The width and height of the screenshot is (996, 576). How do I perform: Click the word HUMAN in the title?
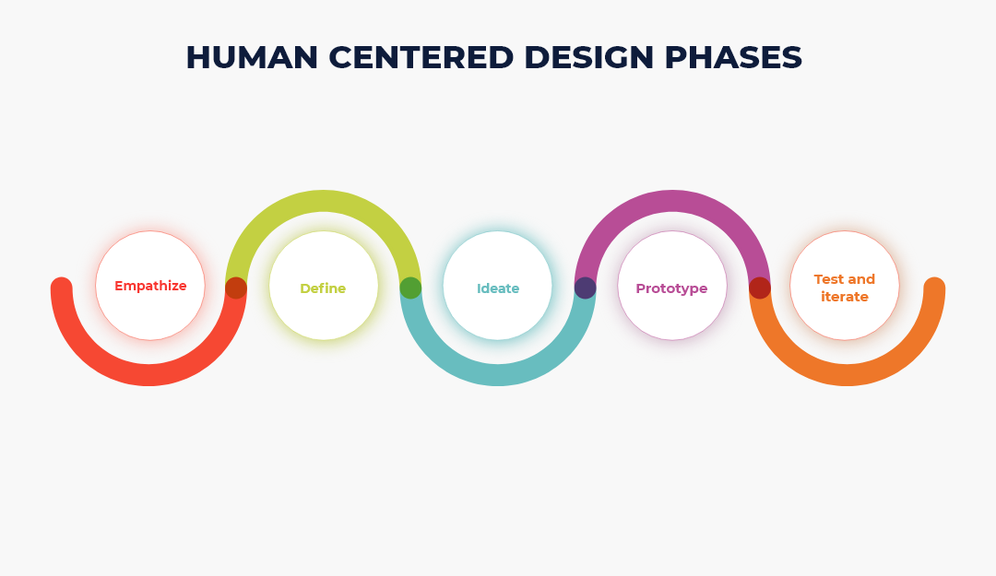tap(252, 57)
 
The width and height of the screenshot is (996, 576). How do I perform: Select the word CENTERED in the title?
tap(421, 57)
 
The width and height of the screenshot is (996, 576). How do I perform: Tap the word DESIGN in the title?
tap(588, 57)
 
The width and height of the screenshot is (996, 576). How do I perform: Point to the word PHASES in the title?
tap(734, 57)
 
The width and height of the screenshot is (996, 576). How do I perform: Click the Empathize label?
tap(150, 286)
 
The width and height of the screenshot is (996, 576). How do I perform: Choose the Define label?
tap(323, 288)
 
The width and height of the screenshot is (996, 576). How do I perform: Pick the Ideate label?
tap(498, 288)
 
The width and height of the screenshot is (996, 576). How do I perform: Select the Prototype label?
tap(671, 289)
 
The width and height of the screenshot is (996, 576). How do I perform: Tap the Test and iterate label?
tap(845, 288)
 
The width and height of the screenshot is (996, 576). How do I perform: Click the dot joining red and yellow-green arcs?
tap(236, 288)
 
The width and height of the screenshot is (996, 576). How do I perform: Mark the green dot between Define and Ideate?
tap(410, 288)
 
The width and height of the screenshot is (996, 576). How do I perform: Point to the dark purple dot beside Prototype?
tap(585, 288)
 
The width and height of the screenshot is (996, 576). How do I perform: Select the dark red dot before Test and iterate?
tap(760, 288)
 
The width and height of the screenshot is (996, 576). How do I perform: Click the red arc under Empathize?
tap(148, 375)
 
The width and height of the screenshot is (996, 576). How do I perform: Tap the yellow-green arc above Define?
tap(324, 201)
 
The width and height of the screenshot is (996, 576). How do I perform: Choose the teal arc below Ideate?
tap(498, 375)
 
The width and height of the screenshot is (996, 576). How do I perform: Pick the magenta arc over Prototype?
tap(672, 201)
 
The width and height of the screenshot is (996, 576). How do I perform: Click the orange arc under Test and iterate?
tap(847, 375)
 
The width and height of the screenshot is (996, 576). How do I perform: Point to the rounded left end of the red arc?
tap(62, 288)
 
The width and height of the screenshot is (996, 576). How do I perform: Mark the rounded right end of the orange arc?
tap(934, 288)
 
